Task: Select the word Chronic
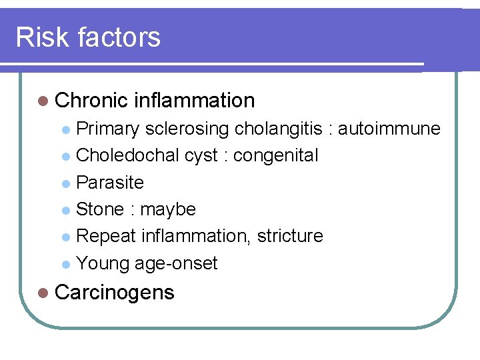(91, 101)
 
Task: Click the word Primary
(107, 128)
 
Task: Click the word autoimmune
(389, 128)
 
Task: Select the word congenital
(275, 156)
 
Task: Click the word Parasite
(110, 183)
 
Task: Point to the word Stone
(100, 209)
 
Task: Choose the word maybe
(168, 210)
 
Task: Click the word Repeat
(106, 236)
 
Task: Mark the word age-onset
(176, 264)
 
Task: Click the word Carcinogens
(115, 293)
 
